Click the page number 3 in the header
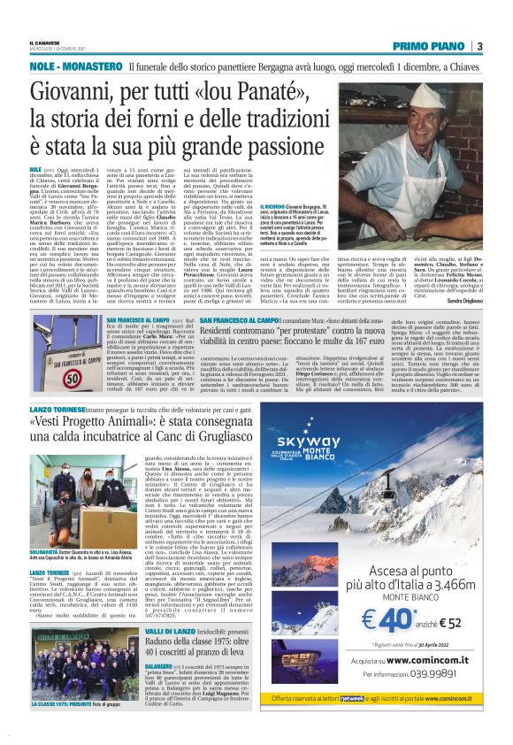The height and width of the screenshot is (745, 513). click(479, 46)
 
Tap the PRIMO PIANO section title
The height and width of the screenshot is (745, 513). click(430, 46)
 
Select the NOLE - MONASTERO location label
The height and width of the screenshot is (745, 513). click(75, 67)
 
